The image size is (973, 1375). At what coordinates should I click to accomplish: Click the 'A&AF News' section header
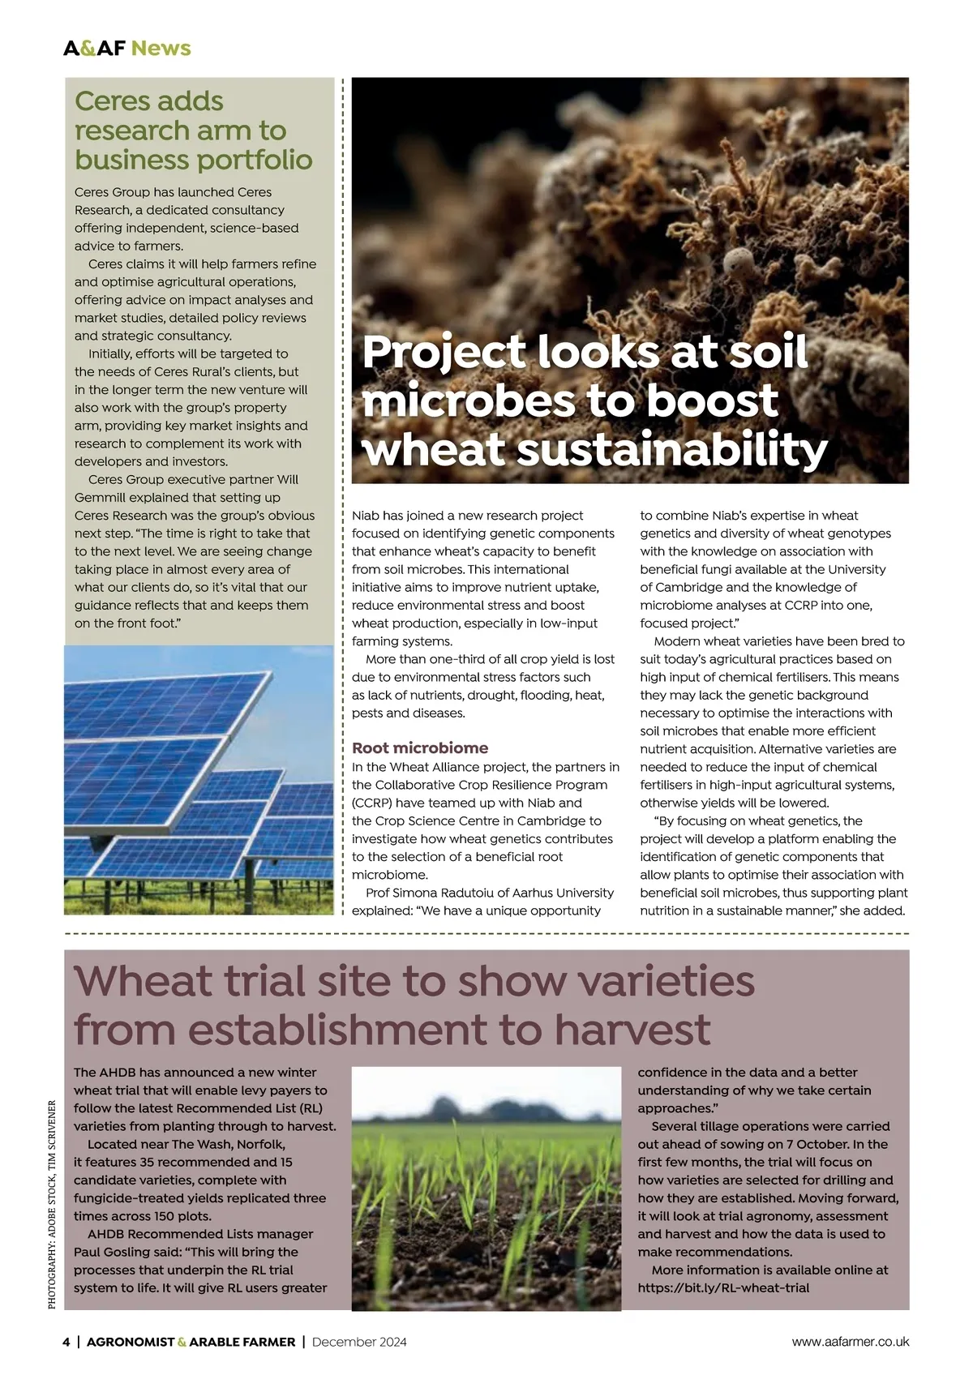127,48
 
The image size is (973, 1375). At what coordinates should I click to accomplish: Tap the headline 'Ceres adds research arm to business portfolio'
193,131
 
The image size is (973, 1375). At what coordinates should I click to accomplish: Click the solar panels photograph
199,780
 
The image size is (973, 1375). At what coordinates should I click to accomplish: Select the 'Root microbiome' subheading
420,747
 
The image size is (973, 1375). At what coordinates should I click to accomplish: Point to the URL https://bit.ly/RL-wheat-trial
723,1287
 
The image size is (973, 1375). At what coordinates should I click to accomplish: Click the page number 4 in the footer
66,1342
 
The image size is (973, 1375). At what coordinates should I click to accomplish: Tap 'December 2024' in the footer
359,1342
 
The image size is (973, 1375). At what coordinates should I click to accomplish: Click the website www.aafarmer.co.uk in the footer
851,1342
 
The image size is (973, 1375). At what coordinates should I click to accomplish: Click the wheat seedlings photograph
486,1188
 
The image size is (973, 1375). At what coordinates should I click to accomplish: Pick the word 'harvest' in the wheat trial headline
632,1030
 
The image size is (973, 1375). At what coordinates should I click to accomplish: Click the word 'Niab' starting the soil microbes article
366,516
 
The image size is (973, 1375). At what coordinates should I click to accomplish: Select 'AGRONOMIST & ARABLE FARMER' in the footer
191,1342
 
